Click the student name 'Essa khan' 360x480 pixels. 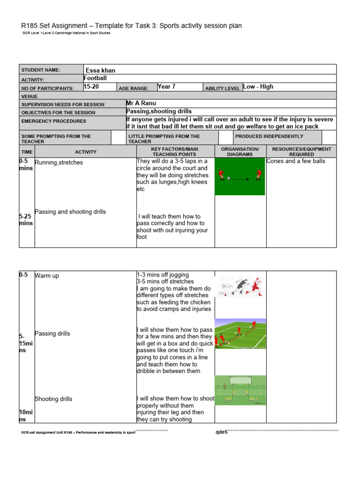100,70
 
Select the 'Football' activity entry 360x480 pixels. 95,78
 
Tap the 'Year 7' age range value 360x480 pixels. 166,87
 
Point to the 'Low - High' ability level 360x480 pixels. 258,87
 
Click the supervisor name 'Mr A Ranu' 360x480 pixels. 141,103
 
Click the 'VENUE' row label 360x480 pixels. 30,96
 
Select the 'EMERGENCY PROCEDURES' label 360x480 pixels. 54,121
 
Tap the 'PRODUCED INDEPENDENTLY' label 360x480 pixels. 269,136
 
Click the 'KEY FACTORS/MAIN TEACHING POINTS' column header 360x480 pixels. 175,151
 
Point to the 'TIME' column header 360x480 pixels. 27,152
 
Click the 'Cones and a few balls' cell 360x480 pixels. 295,161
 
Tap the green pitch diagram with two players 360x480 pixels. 240,177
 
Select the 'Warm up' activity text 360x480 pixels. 47,276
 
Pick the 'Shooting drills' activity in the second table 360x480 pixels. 53,399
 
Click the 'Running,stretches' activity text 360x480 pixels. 59,163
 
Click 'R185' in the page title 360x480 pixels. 30,26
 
